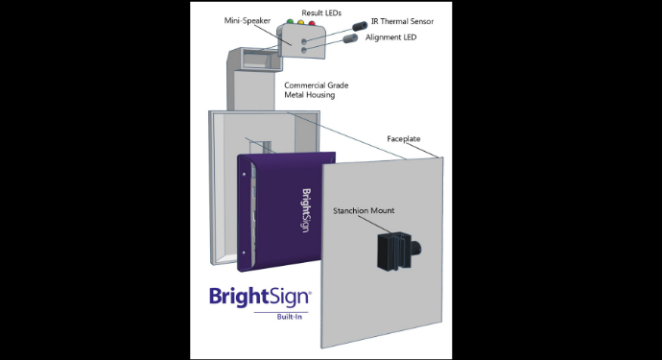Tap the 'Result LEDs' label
click(321, 12)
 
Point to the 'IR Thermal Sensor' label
click(402, 20)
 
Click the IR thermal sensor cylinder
click(360, 24)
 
